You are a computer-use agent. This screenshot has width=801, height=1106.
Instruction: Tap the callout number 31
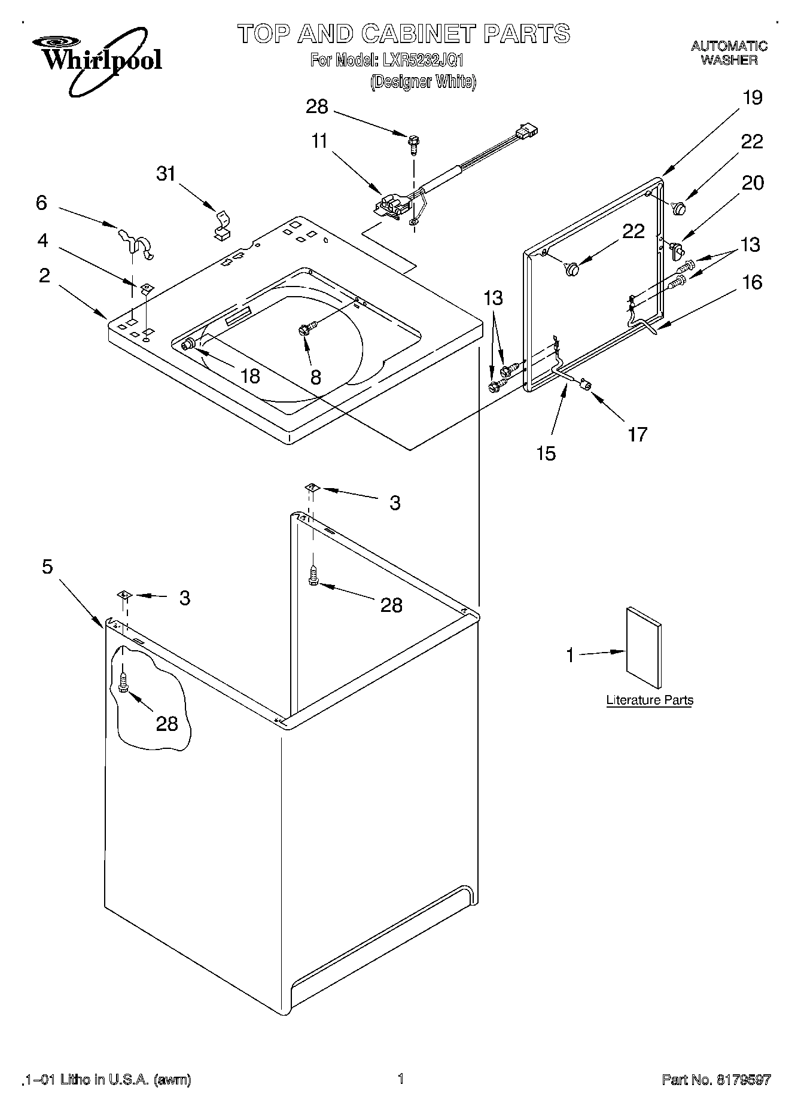point(166,173)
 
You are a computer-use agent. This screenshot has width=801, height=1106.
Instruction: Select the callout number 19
point(752,98)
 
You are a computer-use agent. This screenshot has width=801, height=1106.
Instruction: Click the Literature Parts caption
point(650,700)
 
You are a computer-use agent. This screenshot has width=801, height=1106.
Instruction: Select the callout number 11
point(319,141)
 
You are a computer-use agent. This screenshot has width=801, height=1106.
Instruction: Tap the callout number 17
point(638,434)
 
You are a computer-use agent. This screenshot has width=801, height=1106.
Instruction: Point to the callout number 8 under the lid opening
point(315,377)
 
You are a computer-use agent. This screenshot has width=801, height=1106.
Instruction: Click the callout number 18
point(249,376)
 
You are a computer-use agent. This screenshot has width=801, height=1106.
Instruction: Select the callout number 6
point(41,203)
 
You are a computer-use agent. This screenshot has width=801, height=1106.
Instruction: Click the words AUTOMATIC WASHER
point(729,53)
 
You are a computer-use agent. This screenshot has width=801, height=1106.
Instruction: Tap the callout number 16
point(753,282)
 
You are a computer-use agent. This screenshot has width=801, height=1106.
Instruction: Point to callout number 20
point(753,182)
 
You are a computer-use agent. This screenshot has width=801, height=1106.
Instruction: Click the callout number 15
point(546,453)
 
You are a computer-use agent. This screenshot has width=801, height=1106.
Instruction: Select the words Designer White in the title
point(423,81)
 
